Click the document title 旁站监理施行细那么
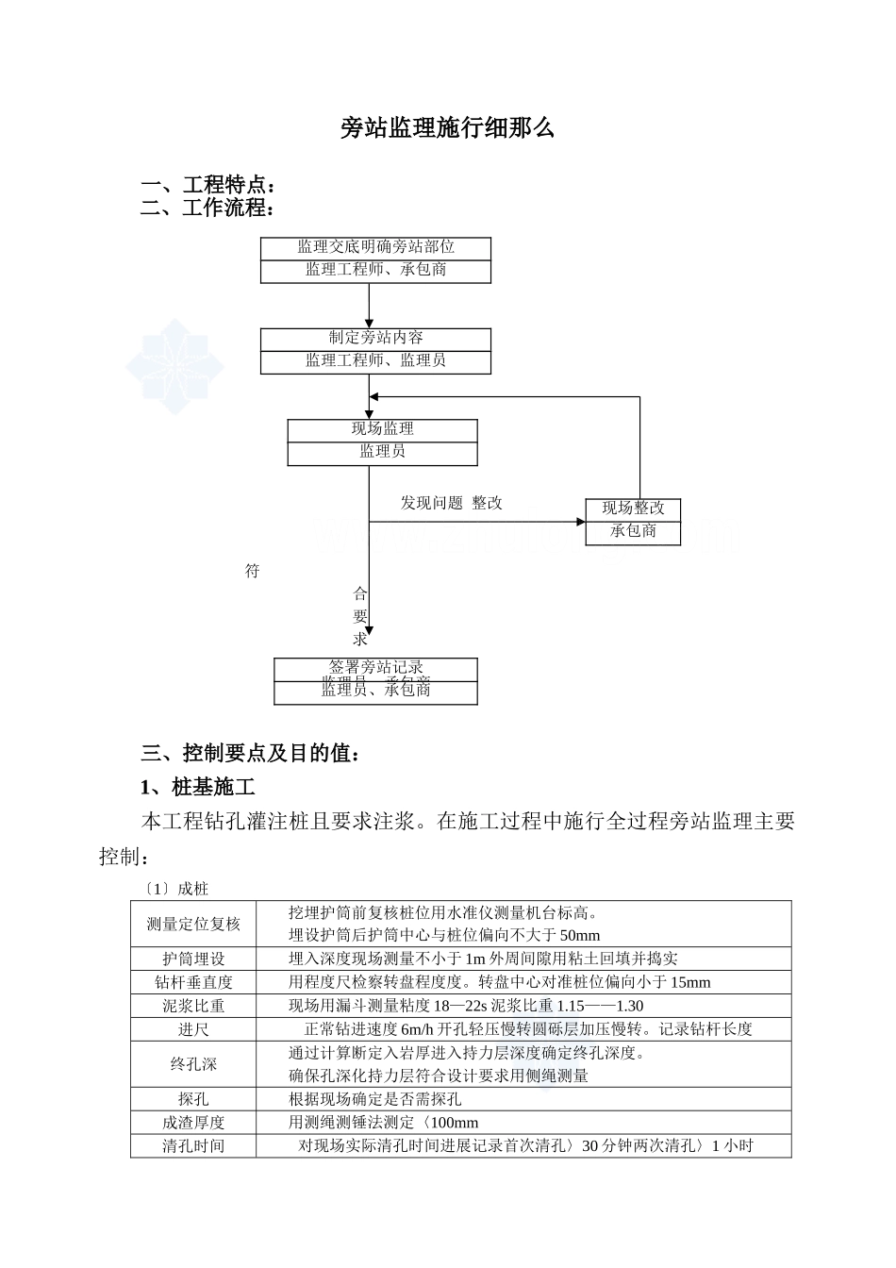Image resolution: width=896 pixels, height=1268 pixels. [x=447, y=128]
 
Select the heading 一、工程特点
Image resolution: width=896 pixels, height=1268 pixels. [x=207, y=185]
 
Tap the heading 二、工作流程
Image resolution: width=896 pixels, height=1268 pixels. [x=207, y=208]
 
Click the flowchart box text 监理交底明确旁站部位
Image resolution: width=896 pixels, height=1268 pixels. [x=375, y=247]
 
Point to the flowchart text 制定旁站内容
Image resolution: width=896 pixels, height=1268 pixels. [x=375, y=338]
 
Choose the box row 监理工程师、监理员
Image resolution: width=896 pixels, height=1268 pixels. [x=375, y=360]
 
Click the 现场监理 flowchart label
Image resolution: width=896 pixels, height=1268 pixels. [x=382, y=429]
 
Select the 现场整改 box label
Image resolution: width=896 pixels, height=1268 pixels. [x=633, y=509]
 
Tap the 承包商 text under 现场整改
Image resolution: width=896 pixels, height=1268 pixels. [x=633, y=531]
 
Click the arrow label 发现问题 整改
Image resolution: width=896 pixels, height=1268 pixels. [x=451, y=504]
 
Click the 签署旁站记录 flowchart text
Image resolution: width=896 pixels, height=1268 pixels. [x=375, y=668]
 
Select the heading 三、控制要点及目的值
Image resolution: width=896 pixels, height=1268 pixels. [x=250, y=753]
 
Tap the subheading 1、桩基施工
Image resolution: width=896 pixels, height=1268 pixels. [x=197, y=787]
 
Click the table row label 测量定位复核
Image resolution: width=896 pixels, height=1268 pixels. [x=193, y=925]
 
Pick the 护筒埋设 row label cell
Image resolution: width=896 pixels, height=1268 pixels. [x=193, y=959]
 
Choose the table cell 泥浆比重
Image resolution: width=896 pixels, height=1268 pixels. [x=193, y=1007]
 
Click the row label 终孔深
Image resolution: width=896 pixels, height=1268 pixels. [x=193, y=1065]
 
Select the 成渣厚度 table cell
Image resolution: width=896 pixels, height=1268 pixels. [x=193, y=1123]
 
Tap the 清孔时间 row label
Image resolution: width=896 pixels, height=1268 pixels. [x=193, y=1146]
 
